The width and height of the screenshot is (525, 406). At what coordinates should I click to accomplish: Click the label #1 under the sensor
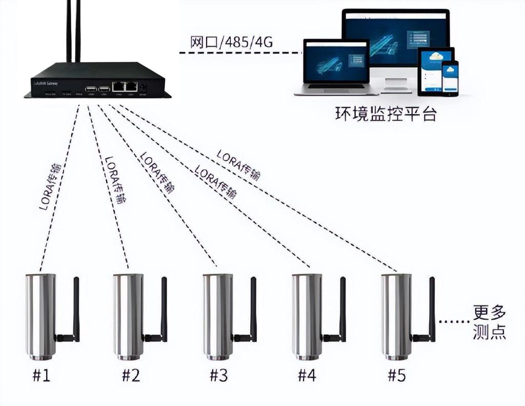pyautogui.click(x=42, y=376)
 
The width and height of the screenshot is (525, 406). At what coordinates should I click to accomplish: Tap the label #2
pyautogui.click(x=131, y=376)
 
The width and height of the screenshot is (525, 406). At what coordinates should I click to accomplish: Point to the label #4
pyautogui.click(x=307, y=376)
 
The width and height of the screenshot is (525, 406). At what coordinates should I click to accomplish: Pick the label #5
pyautogui.click(x=396, y=376)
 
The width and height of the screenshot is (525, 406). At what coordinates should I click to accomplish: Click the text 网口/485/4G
pyautogui.click(x=231, y=43)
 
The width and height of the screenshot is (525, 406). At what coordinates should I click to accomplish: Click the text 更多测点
pyautogui.click(x=490, y=322)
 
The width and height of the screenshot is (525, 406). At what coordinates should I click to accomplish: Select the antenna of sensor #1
pyautogui.click(x=76, y=308)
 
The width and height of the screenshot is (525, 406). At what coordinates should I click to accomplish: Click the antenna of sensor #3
pyautogui.click(x=253, y=308)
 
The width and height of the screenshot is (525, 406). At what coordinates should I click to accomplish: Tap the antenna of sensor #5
pyautogui.click(x=432, y=308)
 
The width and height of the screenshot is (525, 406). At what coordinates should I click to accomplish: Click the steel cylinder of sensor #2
pyautogui.click(x=128, y=316)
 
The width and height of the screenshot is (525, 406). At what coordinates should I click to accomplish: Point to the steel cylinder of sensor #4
pyautogui.click(x=307, y=316)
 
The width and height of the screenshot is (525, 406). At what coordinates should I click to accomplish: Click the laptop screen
pyautogui.click(x=336, y=62)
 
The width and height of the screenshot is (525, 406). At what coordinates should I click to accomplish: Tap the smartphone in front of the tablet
pyautogui.click(x=451, y=77)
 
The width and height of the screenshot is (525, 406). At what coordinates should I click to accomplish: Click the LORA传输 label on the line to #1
pyautogui.click(x=50, y=187)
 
